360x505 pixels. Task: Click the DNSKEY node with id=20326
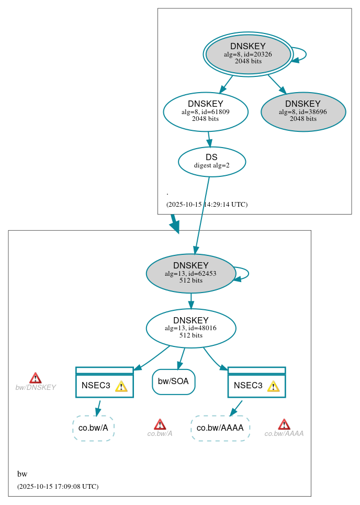pyautogui.click(x=248, y=54)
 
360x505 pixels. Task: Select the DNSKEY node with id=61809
pyautogui.click(x=205, y=111)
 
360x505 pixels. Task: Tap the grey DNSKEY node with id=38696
pyautogui.click(x=303, y=111)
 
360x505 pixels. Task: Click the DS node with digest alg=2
pyautogui.click(x=211, y=162)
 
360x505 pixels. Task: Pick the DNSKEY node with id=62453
pyautogui.click(x=190, y=273)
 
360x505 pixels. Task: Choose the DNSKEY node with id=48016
pyautogui.click(x=190, y=328)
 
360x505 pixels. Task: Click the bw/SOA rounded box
pyautogui.click(x=173, y=381)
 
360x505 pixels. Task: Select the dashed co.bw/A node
pyautogui.click(x=93, y=428)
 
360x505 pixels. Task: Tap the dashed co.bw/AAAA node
pyautogui.click(x=220, y=428)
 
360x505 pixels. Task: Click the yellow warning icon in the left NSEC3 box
pyautogui.click(x=121, y=386)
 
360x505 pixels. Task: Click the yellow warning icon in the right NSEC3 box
pyautogui.click(x=273, y=386)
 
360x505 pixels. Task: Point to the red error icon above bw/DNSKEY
pyautogui.click(x=35, y=378)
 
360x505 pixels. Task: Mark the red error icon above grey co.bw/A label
pyautogui.click(x=160, y=424)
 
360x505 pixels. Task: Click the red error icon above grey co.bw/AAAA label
pyautogui.click(x=284, y=424)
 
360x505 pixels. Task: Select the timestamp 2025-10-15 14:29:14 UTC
pyautogui.click(x=207, y=205)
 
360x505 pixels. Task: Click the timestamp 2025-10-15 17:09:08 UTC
pyautogui.click(x=58, y=487)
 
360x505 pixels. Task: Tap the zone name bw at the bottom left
pyautogui.click(x=22, y=474)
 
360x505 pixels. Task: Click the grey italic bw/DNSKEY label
pyautogui.click(x=35, y=388)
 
